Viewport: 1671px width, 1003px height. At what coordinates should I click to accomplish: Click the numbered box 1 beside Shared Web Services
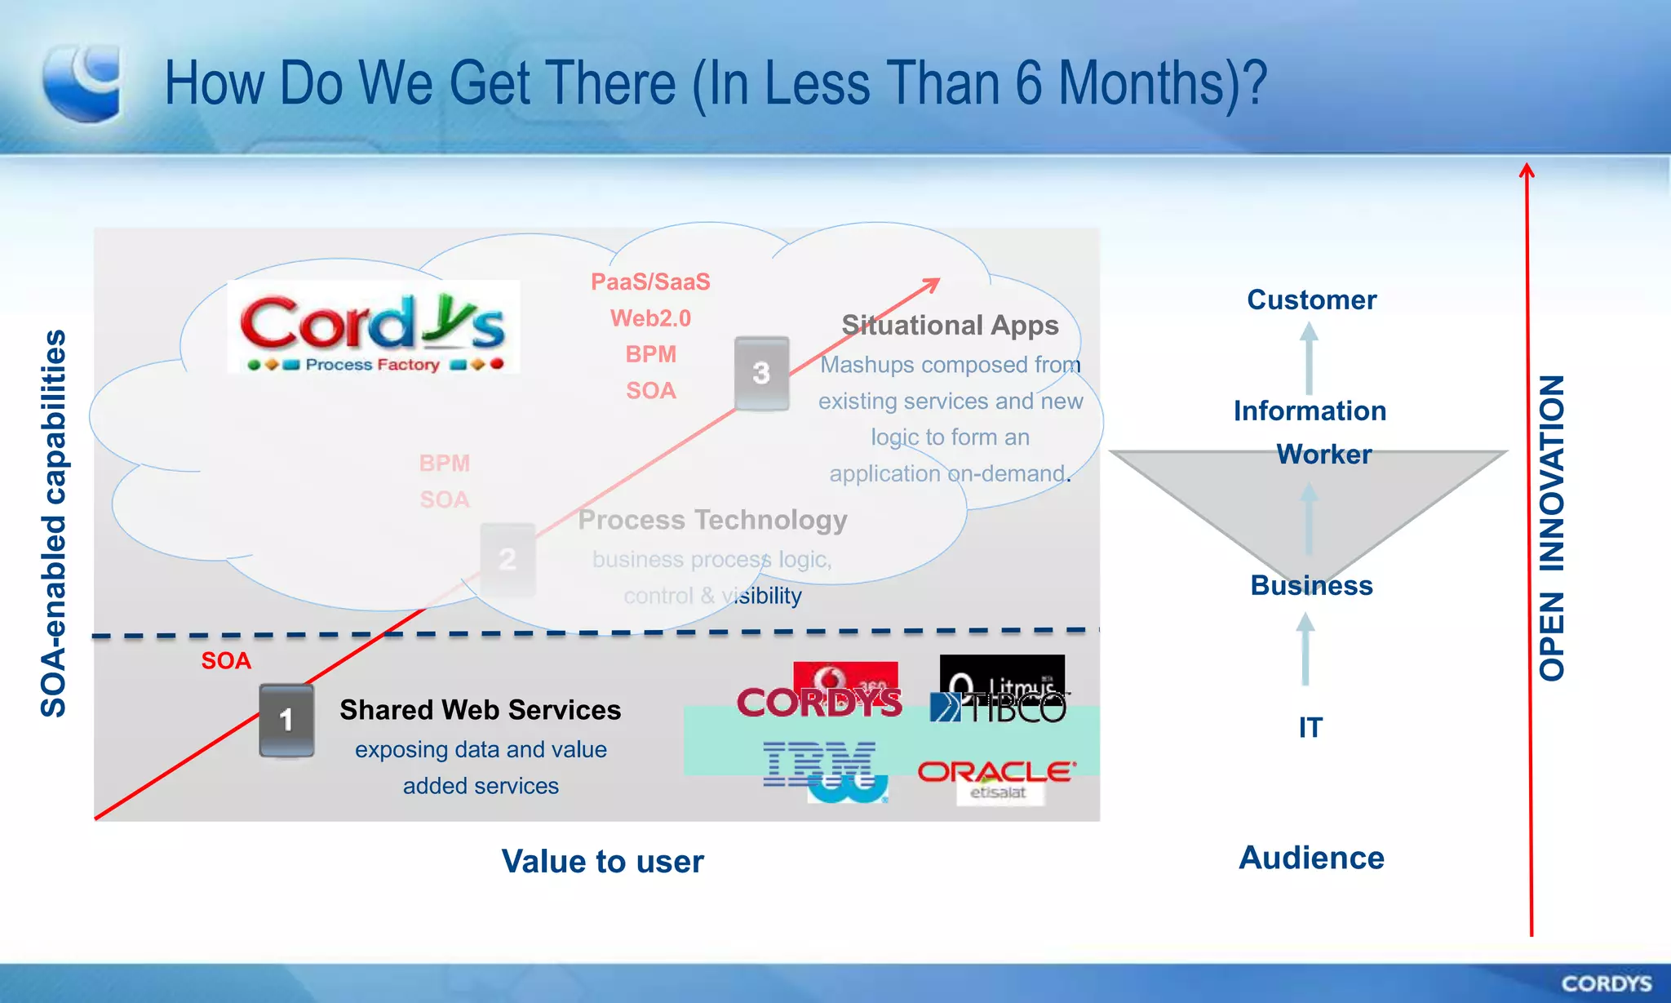(x=286, y=720)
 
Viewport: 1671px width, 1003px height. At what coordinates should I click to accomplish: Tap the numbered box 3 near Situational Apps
(x=761, y=373)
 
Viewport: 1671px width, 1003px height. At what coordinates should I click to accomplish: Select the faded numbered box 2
(x=508, y=560)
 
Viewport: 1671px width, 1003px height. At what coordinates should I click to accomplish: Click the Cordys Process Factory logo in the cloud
(x=373, y=328)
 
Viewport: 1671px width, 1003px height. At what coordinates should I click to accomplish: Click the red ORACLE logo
(x=996, y=771)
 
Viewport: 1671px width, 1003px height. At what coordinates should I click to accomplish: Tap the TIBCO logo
(x=999, y=707)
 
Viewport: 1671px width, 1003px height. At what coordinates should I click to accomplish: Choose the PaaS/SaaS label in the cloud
(x=650, y=282)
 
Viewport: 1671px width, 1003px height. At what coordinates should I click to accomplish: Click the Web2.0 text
(x=650, y=318)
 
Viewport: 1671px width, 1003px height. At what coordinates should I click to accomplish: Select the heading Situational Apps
(x=950, y=325)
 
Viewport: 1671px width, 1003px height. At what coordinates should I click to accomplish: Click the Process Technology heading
(x=712, y=520)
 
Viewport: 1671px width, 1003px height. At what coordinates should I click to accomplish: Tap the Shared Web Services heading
(x=480, y=710)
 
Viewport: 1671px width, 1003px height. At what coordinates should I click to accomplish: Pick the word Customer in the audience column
(x=1311, y=300)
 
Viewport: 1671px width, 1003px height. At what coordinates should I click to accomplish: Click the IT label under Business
(x=1310, y=727)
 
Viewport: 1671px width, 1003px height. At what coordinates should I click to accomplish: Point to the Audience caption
(x=1311, y=858)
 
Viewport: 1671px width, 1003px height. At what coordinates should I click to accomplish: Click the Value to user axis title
(x=602, y=862)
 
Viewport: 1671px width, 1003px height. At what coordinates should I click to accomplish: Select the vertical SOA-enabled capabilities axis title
(x=54, y=523)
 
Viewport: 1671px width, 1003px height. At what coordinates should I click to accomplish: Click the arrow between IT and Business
(x=1305, y=649)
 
